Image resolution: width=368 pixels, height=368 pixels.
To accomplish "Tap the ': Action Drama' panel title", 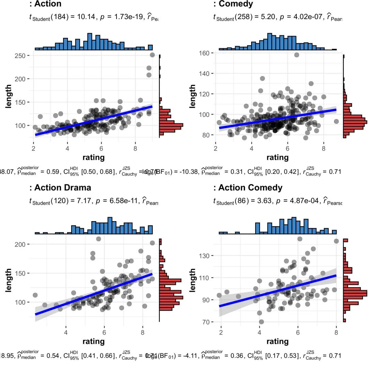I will click(60, 188).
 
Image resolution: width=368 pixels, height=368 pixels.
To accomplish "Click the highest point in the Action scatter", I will click(152, 55).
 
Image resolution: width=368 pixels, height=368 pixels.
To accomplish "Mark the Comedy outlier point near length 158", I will click(296, 55).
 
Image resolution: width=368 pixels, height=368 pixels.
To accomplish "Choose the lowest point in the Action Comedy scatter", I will click(261, 322).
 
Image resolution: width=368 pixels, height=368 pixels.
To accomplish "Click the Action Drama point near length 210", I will click(98, 239).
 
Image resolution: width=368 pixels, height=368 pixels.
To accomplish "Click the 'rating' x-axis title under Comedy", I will click(277, 157).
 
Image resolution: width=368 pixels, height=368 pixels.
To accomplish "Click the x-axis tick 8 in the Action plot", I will click(135, 148).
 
